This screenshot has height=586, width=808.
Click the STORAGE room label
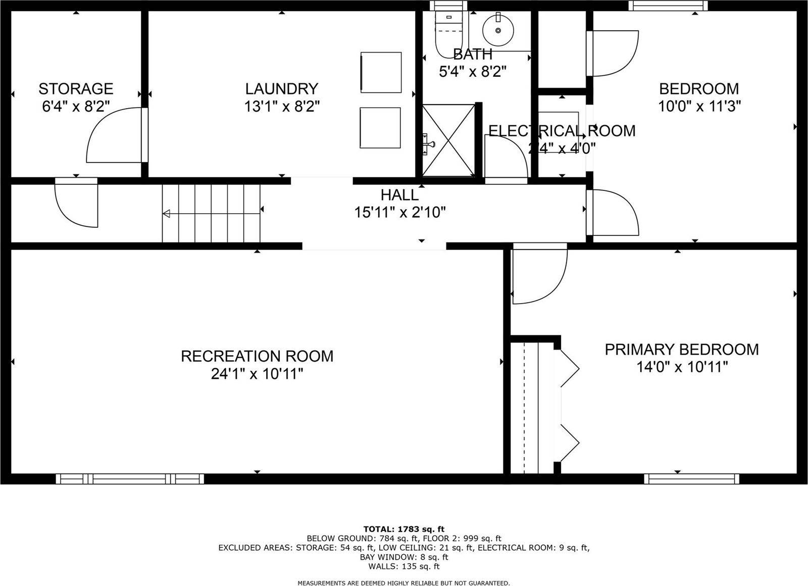76,89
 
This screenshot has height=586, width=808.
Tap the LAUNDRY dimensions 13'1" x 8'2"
282,107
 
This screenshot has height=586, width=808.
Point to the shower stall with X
448,140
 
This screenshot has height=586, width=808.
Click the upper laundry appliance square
381,72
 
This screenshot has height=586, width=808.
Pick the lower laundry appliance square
380,128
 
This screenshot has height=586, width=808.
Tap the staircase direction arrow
167,214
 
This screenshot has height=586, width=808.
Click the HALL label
399,195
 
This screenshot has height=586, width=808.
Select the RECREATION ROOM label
257,356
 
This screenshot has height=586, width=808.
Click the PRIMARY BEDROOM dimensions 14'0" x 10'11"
682,367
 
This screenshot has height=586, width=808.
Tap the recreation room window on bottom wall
130,479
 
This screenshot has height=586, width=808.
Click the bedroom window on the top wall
668,6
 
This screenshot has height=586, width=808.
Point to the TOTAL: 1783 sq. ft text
403,529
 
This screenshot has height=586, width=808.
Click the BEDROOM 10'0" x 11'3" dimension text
699,107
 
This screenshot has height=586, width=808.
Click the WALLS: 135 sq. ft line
403,566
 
